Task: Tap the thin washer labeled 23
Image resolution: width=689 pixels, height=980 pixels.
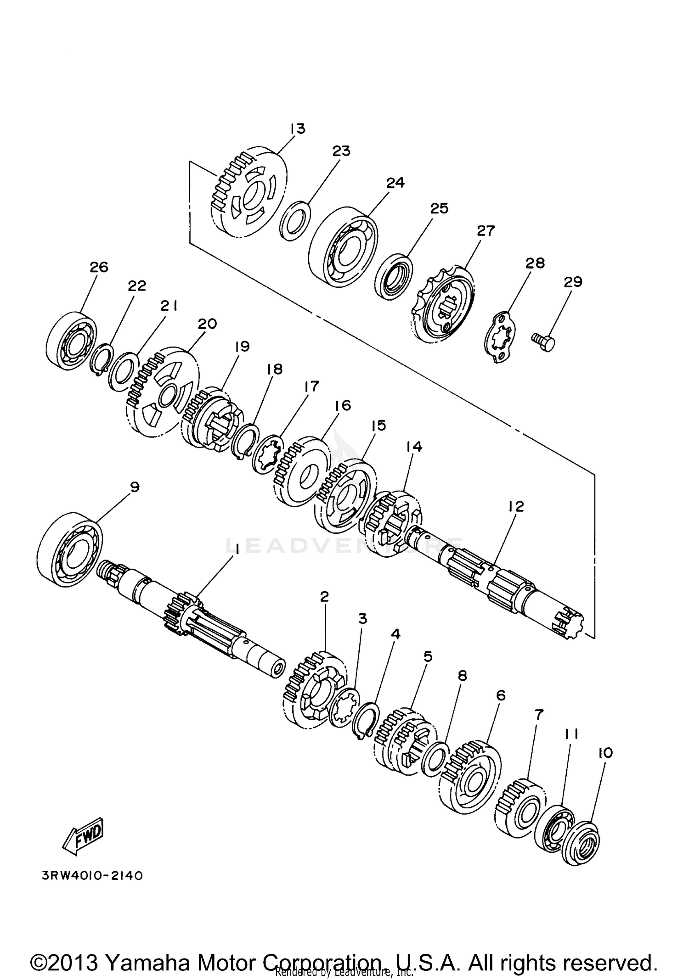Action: [x=294, y=219]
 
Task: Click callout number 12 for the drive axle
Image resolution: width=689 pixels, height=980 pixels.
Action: [x=516, y=507]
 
